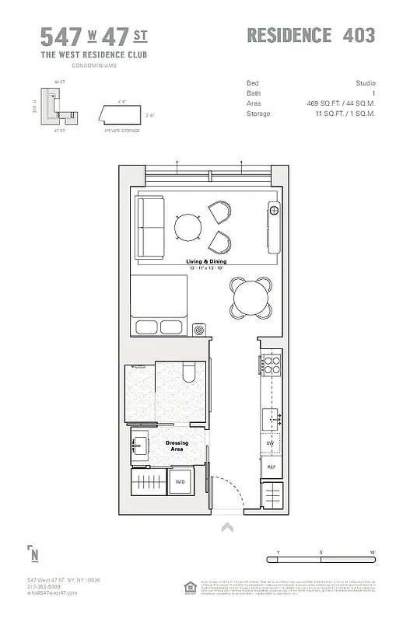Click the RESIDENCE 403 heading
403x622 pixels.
pyautogui.click(x=310, y=36)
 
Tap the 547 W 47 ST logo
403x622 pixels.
pyautogui.click(x=93, y=37)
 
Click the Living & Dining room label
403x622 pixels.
pyautogui.click(x=206, y=261)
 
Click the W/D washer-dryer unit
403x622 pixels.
pyautogui.click(x=180, y=481)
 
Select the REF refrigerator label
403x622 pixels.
pyautogui.click(x=272, y=466)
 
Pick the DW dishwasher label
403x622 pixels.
pyautogui.click(x=272, y=443)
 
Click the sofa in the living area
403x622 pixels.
pyautogui.click(x=151, y=227)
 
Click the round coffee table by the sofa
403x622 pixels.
pyautogui.click(x=189, y=227)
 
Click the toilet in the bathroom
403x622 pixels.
pyautogui.click(x=188, y=376)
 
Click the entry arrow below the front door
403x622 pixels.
pyautogui.click(x=227, y=527)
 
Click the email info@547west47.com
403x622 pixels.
pyautogui.click(x=52, y=593)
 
